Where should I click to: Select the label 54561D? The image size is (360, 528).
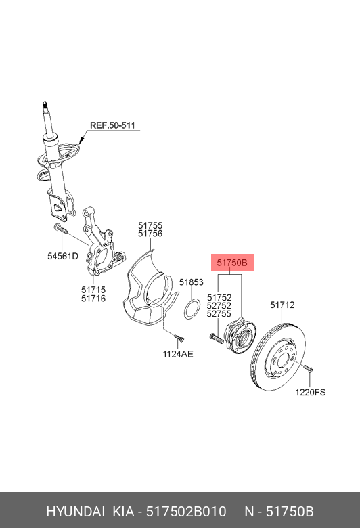[x=63, y=256]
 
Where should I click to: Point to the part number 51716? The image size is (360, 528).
[x=93, y=298]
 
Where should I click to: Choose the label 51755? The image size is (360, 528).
[x=150, y=225]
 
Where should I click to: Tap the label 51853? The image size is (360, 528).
[x=192, y=282]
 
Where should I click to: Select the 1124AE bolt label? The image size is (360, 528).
[x=178, y=353]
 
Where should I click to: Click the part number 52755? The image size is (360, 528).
[x=219, y=314]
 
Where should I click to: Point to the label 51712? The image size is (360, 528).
[x=283, y=305]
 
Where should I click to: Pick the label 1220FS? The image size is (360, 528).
[x=310, y=392]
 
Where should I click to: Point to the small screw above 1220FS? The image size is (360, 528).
[x=307, y=369]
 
